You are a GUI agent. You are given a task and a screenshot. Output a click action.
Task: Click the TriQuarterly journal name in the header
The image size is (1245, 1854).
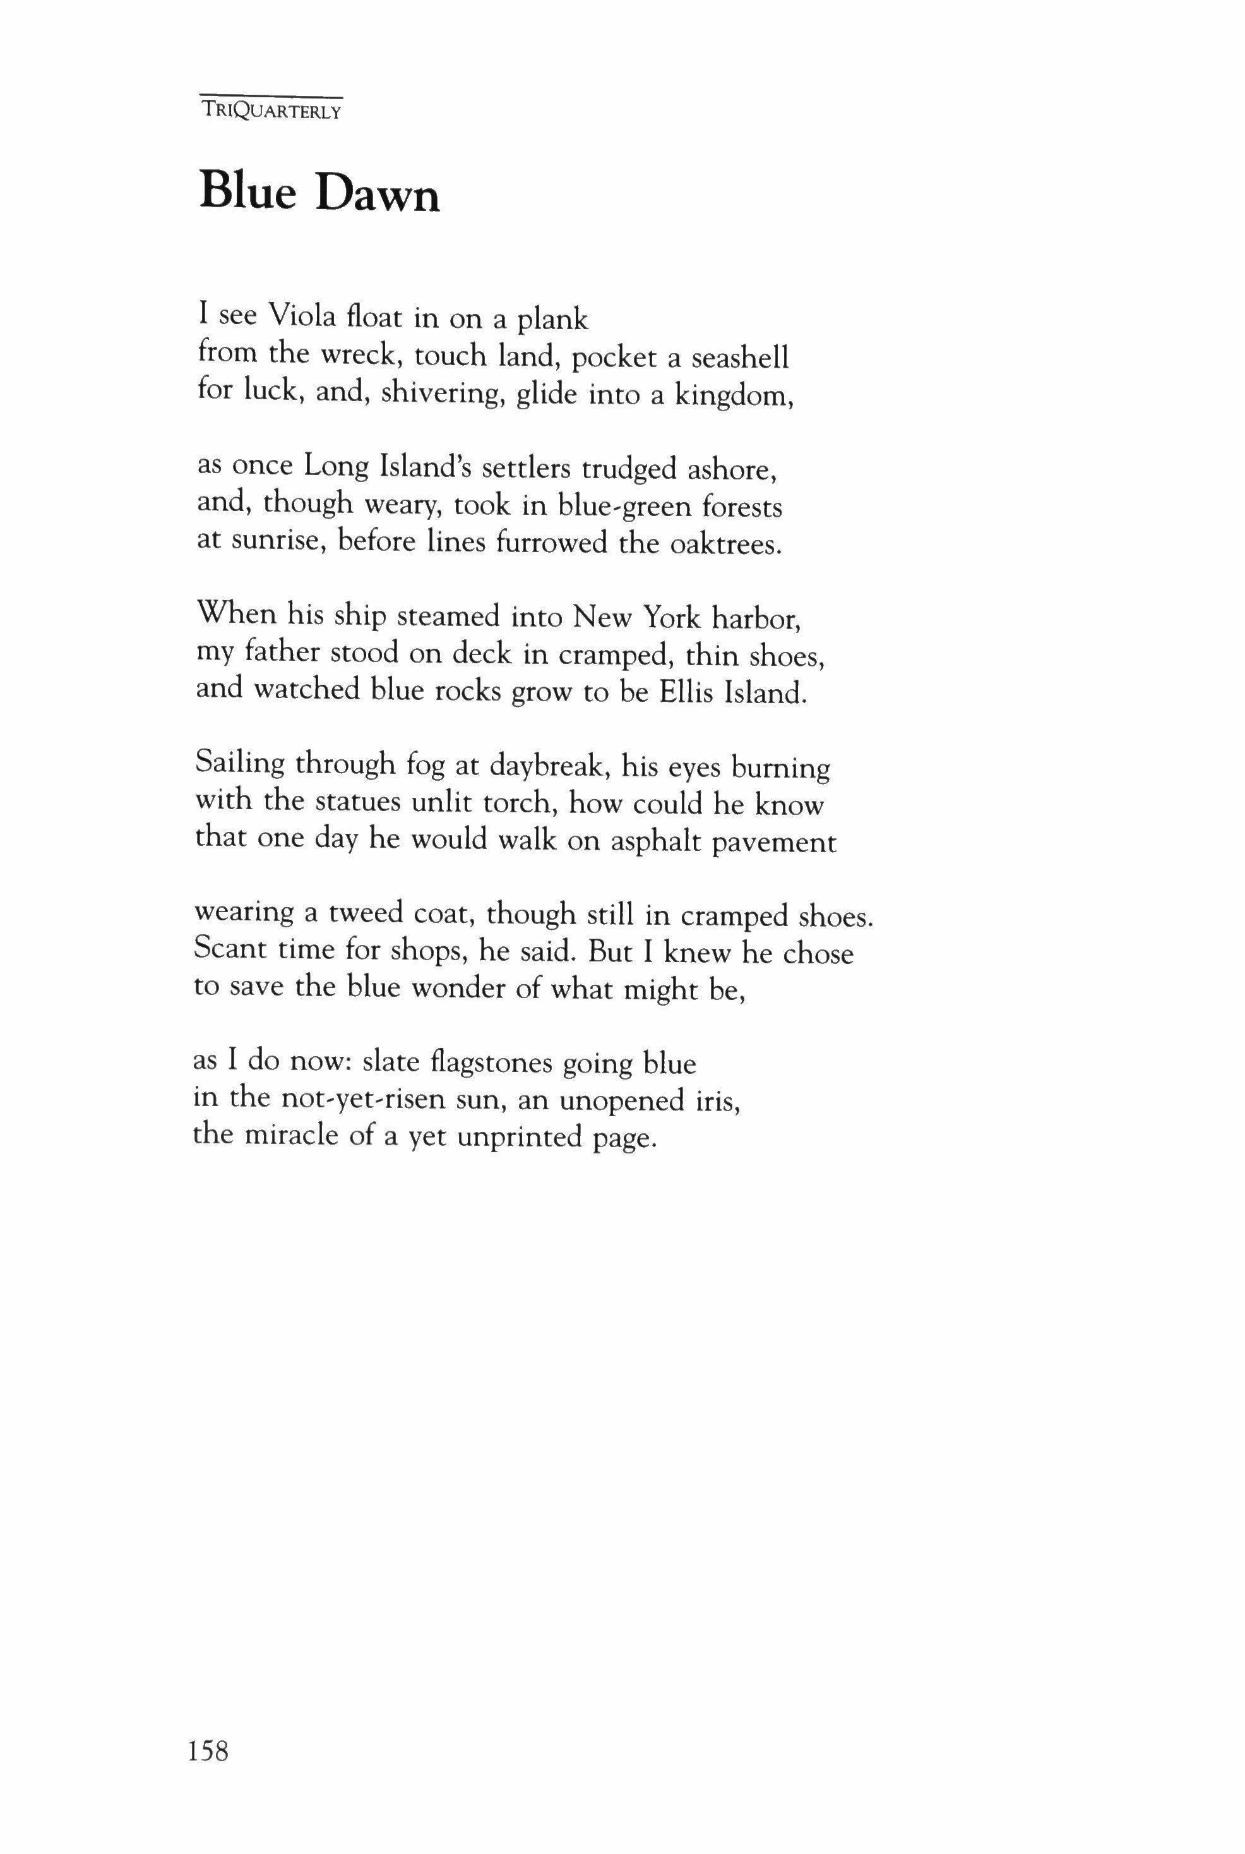coord(270,111)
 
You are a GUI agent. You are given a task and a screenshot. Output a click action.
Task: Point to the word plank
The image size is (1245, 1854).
coord(554,320)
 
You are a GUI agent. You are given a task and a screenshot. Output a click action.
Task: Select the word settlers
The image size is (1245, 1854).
coord(527,469)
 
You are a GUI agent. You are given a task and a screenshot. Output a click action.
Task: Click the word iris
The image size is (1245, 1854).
coord(718,1100)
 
